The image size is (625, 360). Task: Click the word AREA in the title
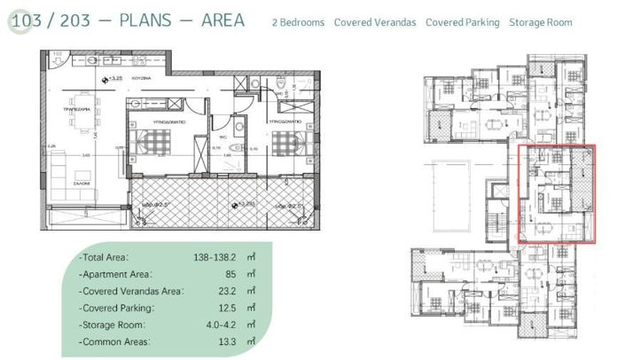pyautogui.click(x=219, y=20)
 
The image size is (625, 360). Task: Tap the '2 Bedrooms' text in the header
pyautogui.click(x=299, y=22)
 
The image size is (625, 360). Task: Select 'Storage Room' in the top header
pyautogui.click(x=540, y=22)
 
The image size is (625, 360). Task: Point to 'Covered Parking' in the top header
pyautogui.click(x=462, y=22)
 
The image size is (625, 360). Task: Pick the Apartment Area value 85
pyautogui.click(x=230, y=274)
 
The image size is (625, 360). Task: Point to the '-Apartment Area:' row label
pyautogui.click(x=115, y=274)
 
